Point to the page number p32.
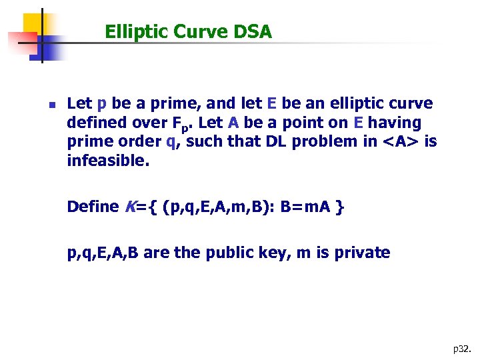tap(461, 348)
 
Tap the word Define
tap(93, 207)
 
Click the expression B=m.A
tap(306, 207)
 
